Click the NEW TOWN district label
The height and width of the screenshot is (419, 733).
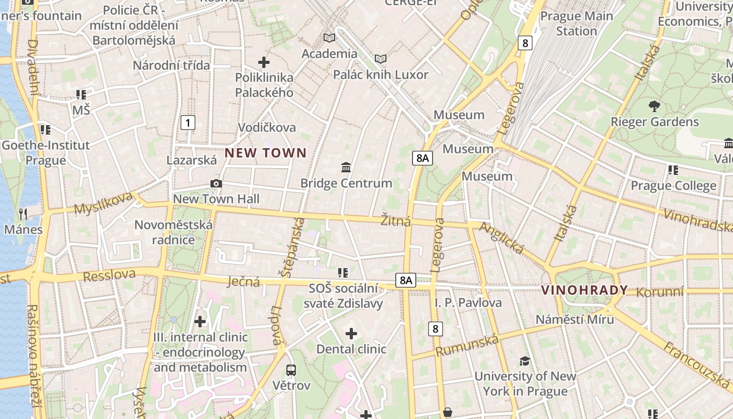265,153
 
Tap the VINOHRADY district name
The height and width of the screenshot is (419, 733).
584,290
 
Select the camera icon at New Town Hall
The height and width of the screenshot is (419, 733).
216,184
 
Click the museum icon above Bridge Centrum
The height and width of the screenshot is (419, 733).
346,168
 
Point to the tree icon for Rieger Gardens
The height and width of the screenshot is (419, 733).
654,106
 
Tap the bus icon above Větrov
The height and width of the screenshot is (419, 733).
291,370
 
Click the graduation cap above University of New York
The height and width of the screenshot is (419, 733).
525,361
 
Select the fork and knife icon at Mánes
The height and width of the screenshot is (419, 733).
23,214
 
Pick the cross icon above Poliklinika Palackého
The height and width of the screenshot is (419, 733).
264,62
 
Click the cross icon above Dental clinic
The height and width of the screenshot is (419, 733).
351,333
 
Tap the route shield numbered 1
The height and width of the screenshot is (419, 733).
187,123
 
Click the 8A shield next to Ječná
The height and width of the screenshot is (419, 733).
406,280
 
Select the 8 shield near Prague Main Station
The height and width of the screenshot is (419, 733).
525,43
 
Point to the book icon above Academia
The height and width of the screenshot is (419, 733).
329,38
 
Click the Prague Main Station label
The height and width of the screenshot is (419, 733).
576,24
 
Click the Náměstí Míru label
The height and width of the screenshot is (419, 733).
574,319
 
